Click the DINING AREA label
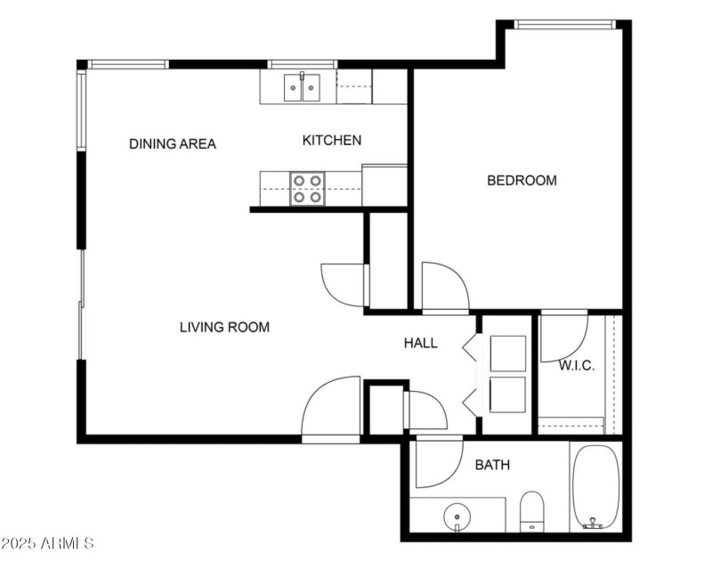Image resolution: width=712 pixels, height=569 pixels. coord(173,143)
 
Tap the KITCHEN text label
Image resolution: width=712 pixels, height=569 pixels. coord(332,140)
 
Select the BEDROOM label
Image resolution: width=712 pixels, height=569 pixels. coord(522,181)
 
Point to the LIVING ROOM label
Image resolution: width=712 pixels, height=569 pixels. coord(224,327)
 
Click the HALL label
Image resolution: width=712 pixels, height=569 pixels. coord(421,343)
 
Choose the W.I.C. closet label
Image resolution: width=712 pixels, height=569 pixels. coord(576,366)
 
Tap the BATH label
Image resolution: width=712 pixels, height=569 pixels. coord(492,465)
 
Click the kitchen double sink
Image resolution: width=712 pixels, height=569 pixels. coord(303,88)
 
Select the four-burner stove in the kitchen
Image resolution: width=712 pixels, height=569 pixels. coord(307,188)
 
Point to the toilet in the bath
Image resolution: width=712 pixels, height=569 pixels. coord(532,511)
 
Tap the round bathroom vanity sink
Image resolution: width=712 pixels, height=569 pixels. coord(457,515)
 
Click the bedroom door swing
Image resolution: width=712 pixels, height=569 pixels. coord(442,285)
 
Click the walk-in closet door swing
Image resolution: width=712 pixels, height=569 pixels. coord(562,337)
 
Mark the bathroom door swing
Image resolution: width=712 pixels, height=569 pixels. coord(436,463)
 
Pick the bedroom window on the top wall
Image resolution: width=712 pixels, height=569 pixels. coord(565,24)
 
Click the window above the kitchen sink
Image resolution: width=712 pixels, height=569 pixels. coord(302,64)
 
